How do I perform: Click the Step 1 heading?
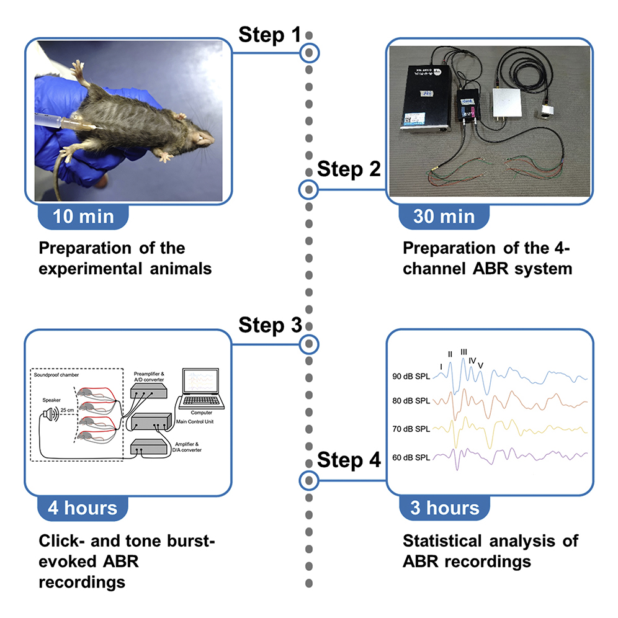[x=269, y=35]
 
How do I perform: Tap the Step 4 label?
[x=349, y=460]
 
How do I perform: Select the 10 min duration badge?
[x=84, y=217]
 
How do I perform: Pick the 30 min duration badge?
[x=444, y=217]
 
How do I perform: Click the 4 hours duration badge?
[x=83, y=508]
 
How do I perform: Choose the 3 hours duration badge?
[x=444, y=508]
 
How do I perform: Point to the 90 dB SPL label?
[x=411, y=377]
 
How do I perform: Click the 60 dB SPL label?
[x=411, y=458]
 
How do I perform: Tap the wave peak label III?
[x=464, y=352]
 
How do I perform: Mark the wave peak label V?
[x=480, y=364]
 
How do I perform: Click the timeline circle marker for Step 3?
[x=309, y=343]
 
